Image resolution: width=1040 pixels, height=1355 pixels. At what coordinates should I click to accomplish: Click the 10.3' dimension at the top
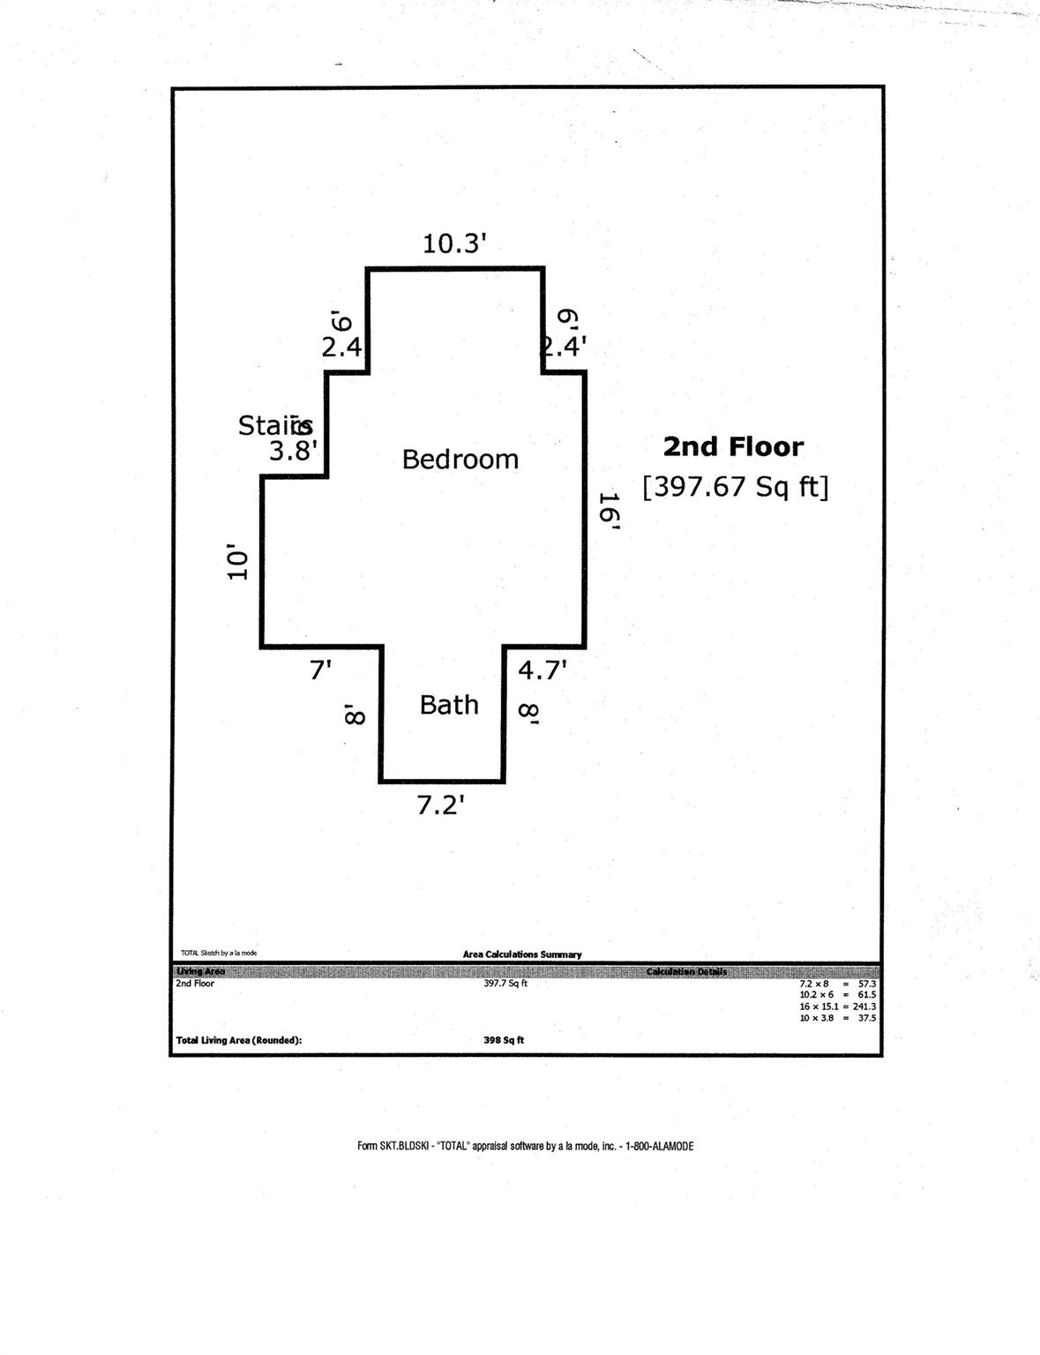(x=454, y=243)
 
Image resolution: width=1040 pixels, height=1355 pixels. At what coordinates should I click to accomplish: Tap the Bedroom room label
(x=460, y=459)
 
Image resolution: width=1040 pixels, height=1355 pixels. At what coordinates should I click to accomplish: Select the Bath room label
(x=449, y=705)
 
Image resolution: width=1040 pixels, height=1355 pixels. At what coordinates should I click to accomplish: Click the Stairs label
(x=274, y=425)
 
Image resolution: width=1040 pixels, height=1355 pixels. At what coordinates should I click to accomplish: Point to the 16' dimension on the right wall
(x=610, y=511)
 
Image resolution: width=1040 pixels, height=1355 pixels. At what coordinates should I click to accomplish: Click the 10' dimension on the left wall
(x=236, y=563)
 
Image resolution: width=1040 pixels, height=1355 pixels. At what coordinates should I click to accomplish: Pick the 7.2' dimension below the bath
(x=441, y=805)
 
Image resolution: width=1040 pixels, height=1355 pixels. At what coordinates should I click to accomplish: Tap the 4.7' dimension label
(x=542, y=670)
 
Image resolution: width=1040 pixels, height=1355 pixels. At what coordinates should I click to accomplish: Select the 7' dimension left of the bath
(x=320, y=670)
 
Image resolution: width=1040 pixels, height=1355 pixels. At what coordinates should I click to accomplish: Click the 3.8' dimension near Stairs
(x=293, y=452)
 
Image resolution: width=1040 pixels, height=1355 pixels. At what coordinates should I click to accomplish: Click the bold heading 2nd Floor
(x=733, y=446)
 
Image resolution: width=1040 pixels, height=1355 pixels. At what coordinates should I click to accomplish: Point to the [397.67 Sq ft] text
(x=736, y=486)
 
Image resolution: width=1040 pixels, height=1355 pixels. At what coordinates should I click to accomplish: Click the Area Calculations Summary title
(x=522, y=954)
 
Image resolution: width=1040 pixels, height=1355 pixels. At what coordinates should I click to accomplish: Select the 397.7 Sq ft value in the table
(x=505, y=984)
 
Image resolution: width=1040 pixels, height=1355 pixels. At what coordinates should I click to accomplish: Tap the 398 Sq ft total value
(x=505, y=1040)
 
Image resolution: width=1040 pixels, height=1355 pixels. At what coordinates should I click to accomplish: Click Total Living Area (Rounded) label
(x=239, y=1040)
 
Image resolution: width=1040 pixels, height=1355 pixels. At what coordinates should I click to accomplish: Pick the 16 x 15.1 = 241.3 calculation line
(x=837, y=1007)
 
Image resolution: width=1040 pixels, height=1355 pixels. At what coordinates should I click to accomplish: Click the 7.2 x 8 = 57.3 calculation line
(x=837, y=984)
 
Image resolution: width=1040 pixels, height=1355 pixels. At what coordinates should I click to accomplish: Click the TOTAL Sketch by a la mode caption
(x=219, y=953)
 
